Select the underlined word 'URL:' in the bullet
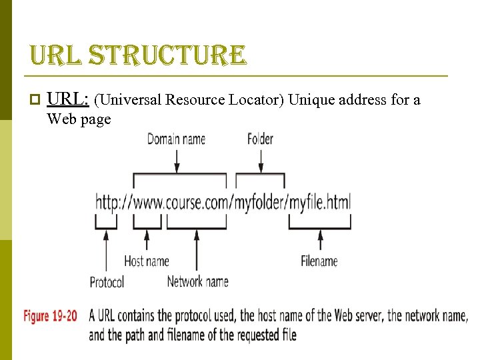[x=69, y=100]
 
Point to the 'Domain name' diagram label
[x=176, y=139]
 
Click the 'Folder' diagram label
[x=260, y=139]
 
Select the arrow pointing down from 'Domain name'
[x=176, y=160]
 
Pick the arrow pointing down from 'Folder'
[x=260, y=160]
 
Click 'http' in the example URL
[x=108, y=201]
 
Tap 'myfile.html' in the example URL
[x=320, y=201]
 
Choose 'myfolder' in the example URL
[x=260, y=201]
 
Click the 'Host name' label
[x=147, y=261]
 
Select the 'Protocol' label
[x=107, y=282]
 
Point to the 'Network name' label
[x=197, y=281]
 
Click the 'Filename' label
[x=319, y=261]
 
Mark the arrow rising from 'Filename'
[x=320, y=241]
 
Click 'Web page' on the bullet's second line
[x=79, y=120]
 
